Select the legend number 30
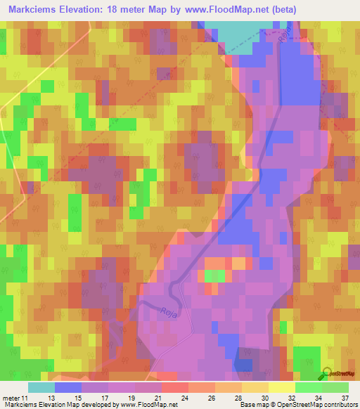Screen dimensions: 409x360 pos(255,397)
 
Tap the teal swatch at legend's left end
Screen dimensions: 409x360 pos(41,387)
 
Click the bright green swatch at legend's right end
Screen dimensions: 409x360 pos(335,387)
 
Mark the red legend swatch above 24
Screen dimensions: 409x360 pos(174,387)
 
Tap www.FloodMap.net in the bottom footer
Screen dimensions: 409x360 pos(144,405)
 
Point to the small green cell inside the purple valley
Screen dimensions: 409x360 pos(215,275)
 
